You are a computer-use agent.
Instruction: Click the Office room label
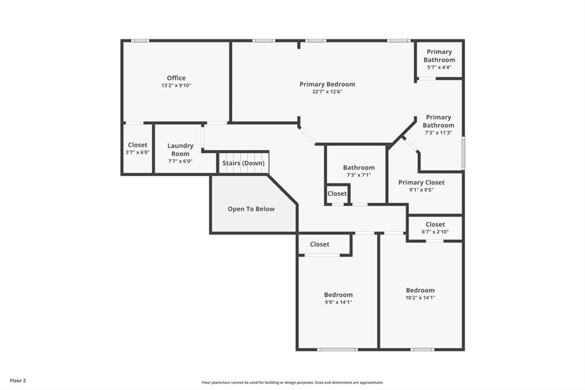pos(176,78)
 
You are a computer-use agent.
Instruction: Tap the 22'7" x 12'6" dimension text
pos(327,91)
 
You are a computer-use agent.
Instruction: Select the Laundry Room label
pos(180,149)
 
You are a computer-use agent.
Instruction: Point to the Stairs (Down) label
pos(243,163)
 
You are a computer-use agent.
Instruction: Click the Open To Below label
pos(251,209)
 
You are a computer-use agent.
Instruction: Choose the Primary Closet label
pos(421,182)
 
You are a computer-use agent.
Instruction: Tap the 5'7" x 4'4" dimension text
pos(439,67)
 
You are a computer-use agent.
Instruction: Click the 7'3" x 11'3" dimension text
pos(438,133)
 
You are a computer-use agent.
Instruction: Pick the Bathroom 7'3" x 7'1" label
pos(359,171)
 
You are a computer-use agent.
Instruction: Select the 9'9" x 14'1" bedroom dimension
pos(338,302)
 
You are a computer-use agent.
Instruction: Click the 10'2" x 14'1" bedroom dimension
pos(420,298)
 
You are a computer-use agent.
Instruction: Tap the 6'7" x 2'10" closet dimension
pos(435,232)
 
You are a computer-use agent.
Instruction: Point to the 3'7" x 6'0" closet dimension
pos(137,153)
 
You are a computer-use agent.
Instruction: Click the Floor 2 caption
pos(18,381)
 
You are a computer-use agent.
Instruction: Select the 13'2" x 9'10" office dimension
pos(176,86)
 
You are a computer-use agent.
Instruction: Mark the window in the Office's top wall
pos(141,41)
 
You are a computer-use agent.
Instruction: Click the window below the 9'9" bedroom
pos(338,349)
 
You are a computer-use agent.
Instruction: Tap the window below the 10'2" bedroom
pos(422,349)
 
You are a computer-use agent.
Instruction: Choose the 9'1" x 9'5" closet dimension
pos(421,190)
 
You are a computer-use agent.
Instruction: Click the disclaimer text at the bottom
pos(292,383)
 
